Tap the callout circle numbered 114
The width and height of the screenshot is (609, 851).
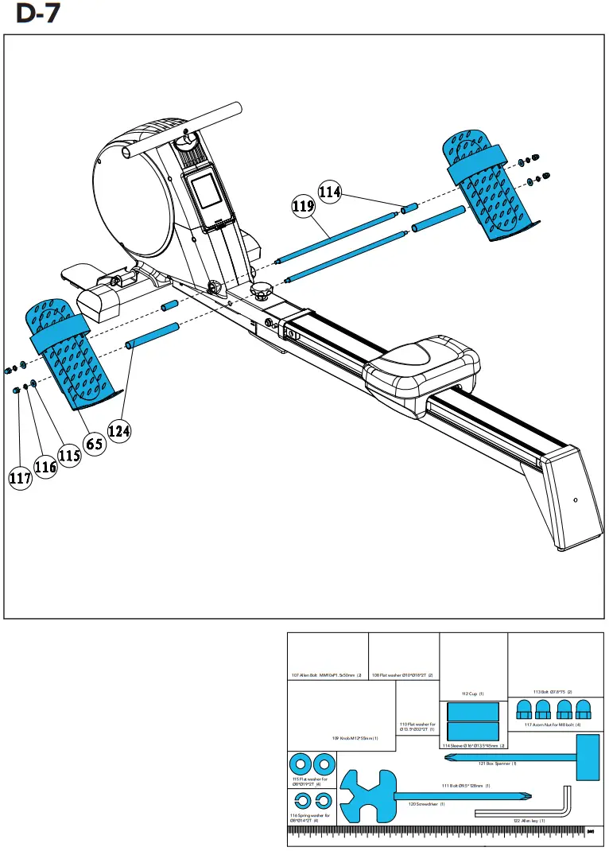point(330,192)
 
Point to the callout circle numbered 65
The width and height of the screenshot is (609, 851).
point(95,444)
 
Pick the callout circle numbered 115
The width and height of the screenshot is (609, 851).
point(70,456)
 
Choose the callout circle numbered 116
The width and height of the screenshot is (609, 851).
point(45,467)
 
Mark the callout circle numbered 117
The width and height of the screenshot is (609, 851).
point(20,478)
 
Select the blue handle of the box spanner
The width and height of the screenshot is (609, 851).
point(588,756)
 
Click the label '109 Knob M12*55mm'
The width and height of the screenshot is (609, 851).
point(355,739)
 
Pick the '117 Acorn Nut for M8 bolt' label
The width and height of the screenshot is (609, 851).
point(553,725)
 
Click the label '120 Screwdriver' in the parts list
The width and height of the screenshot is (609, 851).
point(426,804)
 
